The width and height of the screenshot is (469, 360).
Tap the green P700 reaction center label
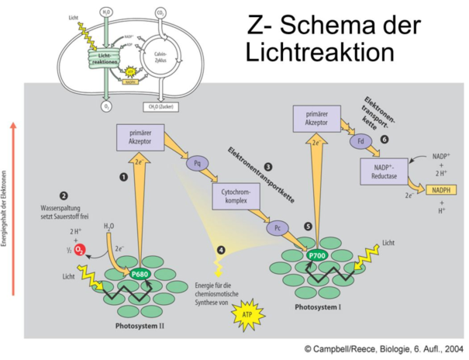(x=317, y=255)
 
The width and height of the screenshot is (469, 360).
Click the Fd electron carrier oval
(x=361, y=142)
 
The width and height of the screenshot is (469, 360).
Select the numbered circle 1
(x=122, y=177)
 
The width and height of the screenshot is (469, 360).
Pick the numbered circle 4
(x=222, y=250)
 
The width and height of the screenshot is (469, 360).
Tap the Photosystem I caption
(x=319, y=306)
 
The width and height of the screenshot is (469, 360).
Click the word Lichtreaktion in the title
(x=322, y=53)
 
